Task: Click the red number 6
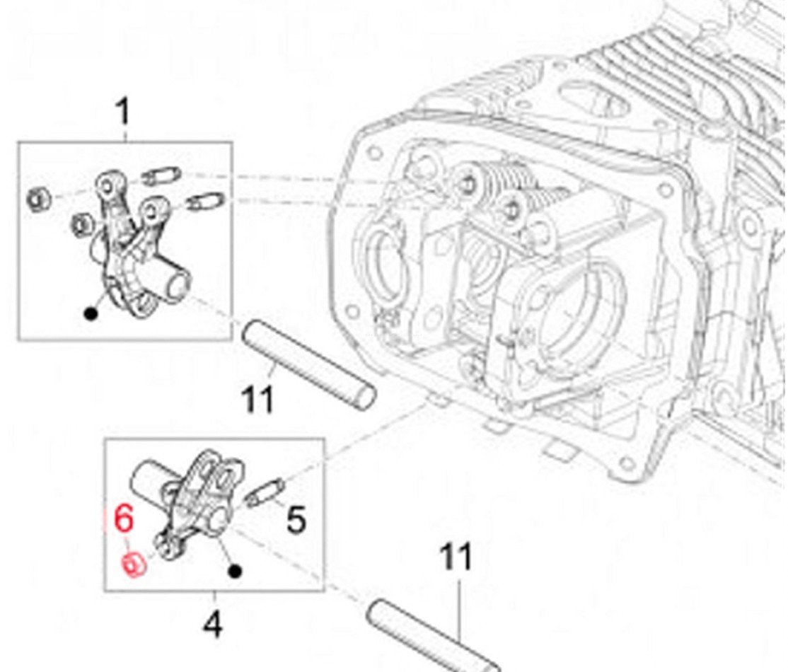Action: [123, 520]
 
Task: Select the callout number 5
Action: [295, 520]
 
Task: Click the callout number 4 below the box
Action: [212, 625]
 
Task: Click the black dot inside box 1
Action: [91, 313]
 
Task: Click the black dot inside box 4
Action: [236, 570]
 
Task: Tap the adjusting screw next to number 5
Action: [267, 493]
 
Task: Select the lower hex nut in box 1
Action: [81, 225]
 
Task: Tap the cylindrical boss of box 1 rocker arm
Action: [173, 281]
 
